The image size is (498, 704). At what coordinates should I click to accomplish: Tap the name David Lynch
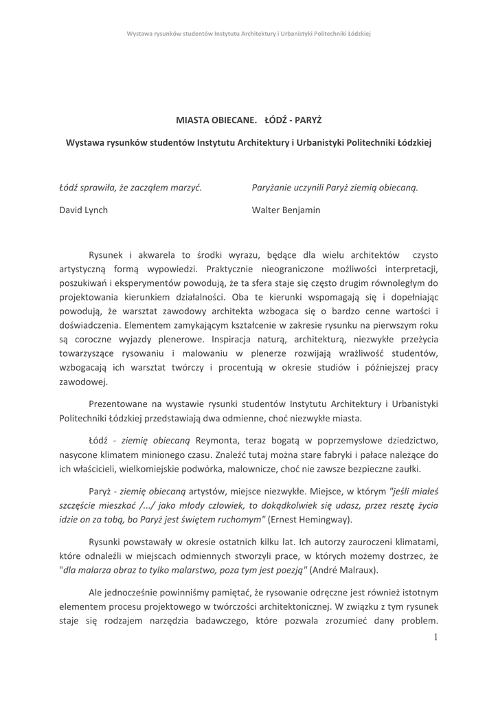[x=83, y=210]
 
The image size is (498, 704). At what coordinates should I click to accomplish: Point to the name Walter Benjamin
[x=286, y=210]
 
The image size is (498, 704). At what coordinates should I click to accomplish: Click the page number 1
[x=435, y=637]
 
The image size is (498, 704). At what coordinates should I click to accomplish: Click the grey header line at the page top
[x=249, y=33]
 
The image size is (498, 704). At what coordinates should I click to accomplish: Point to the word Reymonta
[x=216, y=439]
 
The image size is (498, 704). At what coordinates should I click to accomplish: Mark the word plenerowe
[x=188, y=340]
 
